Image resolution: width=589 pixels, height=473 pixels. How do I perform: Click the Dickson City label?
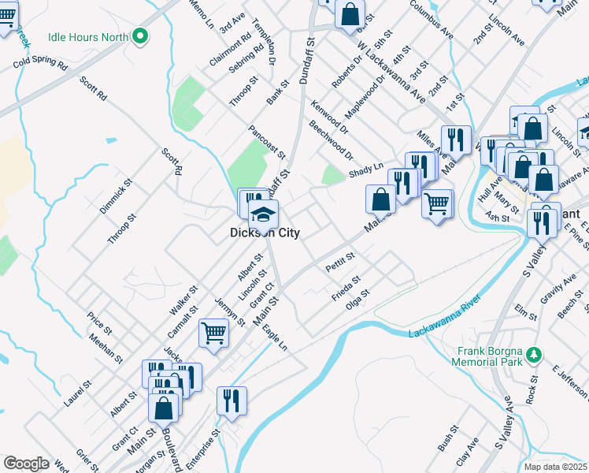pyautogui.click(x=264, y=233)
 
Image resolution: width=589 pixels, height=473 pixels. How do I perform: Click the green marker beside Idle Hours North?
pyautogui.click(x=140, y=35)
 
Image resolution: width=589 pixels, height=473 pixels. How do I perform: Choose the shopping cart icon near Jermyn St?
pyautogui.click(x=213, y=333)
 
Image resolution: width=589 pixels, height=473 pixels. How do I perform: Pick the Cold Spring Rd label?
pyautogui.click(x=39, y=62)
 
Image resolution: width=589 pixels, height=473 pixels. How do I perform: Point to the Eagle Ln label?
pyautogui.click(x=275, y=337)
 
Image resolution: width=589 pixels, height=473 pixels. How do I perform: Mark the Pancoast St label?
pyautogui.click(x=265, y=140)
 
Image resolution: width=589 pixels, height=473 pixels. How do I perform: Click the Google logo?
pyautogui.click(x=26, y=464)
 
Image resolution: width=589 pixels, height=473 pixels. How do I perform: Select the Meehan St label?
pyautogui.click(x=106, y=348)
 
